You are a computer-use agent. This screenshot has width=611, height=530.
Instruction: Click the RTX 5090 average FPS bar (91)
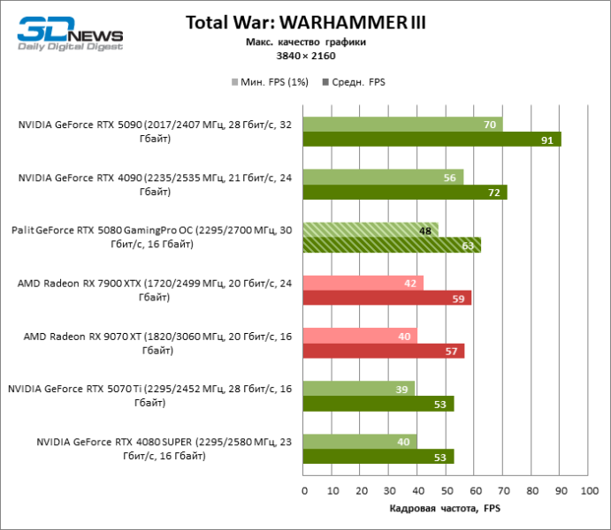[432, 139]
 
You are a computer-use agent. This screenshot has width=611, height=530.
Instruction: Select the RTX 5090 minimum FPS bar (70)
[402, 125]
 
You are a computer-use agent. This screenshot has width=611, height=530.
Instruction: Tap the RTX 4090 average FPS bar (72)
[405, 192]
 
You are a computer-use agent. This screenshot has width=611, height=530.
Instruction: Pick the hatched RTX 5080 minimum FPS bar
[370, 231]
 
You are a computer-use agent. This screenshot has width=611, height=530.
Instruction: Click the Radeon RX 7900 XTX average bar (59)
[386, 298]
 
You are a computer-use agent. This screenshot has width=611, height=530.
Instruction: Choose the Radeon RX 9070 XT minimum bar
[360, 337]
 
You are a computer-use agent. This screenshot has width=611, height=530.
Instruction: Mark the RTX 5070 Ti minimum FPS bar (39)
[358, 390]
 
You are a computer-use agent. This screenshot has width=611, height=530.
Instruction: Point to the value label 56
[449, 178]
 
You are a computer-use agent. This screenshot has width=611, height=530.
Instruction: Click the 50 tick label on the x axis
[446, 489]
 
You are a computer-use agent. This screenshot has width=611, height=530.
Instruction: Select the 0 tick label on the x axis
[303, 489]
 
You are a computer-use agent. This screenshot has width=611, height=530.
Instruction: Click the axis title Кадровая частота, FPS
[445, 509]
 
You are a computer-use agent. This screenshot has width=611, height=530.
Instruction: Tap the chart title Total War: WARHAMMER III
[305, 22]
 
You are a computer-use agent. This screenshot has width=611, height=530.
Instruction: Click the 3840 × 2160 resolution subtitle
[305, 56]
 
